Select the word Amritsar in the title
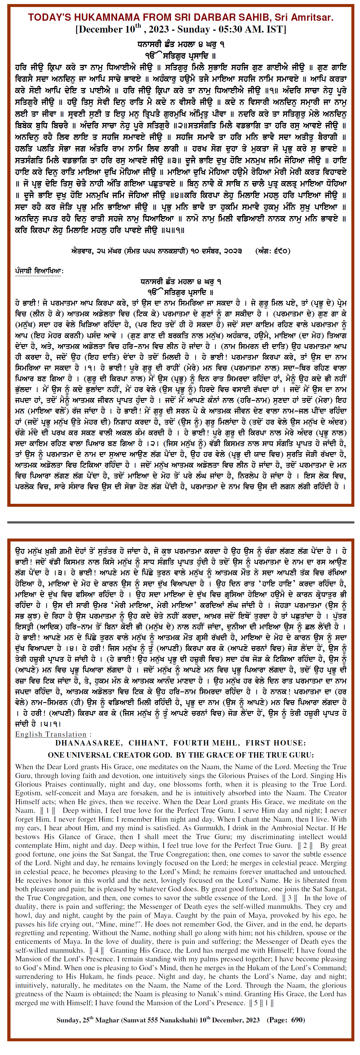coord(313,17)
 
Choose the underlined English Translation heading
coord(51,734)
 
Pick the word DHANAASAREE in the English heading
coord(88,743)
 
